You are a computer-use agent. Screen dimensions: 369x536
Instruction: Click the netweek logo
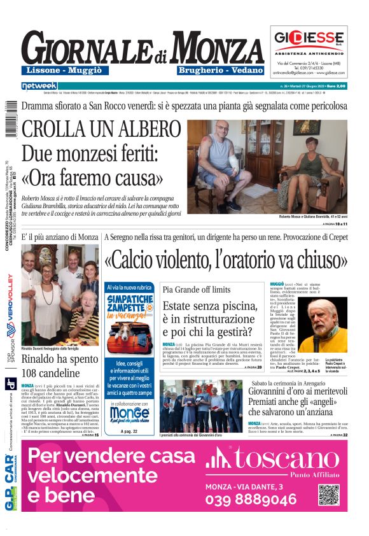coord(39,86)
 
